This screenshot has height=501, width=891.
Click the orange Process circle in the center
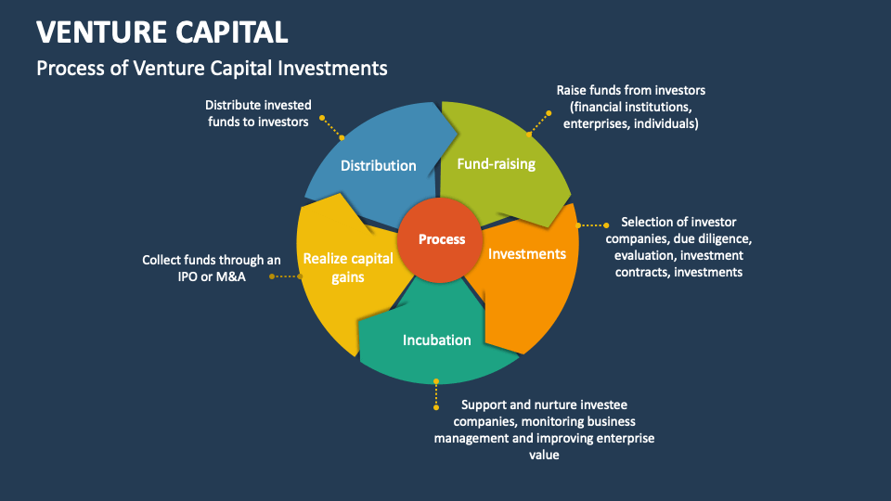coord(442,239)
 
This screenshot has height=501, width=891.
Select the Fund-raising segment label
coord(496,164)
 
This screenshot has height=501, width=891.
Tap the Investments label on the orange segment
coord(527,254)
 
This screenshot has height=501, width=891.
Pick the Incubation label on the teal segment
coord(436,340)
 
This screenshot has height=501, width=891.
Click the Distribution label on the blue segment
coord(378,166)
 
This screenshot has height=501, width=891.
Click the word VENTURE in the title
coord(97,32)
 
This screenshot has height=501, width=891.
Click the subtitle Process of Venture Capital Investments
coord(212,68)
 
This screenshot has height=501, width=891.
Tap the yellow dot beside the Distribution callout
coord(322,118)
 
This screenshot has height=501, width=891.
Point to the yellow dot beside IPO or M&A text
coord(271,276)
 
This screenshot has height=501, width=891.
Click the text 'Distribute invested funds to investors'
coord(258,113)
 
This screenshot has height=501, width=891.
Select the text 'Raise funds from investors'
coord(631,90)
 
